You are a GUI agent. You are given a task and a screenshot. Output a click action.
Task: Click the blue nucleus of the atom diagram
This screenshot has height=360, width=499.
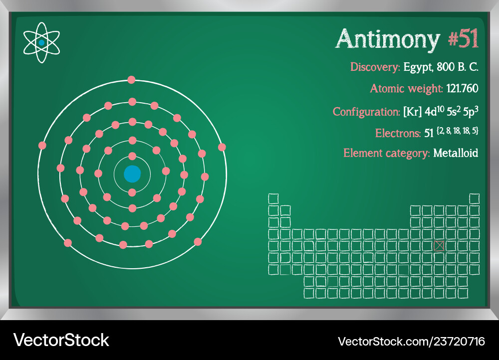[132, 174]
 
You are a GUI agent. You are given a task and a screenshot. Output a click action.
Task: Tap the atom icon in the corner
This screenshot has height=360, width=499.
[41, 43]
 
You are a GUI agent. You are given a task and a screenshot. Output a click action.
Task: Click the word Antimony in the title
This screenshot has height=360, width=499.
[388, 39]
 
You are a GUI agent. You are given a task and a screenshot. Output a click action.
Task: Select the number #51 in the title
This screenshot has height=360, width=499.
[463, 39]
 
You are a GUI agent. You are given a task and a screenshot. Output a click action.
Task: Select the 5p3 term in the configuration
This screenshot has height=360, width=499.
[469, 111]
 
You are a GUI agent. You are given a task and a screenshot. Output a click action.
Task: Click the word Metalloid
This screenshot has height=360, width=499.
[456, 153]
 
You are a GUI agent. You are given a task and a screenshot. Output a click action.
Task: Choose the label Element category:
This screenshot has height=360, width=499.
[387, 153]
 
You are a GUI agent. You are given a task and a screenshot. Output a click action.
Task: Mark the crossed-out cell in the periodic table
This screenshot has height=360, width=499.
[439, 245]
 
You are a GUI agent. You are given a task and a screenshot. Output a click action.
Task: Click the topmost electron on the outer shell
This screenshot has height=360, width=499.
[131, 79]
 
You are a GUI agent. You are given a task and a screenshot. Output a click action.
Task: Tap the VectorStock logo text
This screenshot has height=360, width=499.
[61, 340]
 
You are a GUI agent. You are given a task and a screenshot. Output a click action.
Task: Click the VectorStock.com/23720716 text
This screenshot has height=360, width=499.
[411, 341]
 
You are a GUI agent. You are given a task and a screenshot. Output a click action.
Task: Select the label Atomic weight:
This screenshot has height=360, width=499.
[406, 89]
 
